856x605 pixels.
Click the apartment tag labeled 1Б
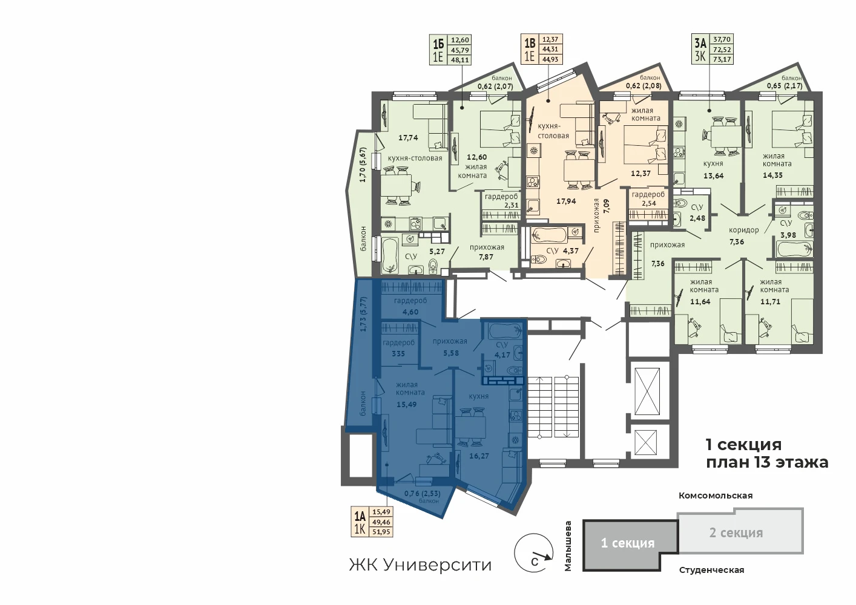(x=450, y=50)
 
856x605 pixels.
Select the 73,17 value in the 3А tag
(x=722, y=59)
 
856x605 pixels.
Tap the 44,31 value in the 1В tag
(x=550, y=49)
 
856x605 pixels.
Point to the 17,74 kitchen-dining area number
(x=408, y=138)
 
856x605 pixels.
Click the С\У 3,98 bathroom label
(x=788, y=229)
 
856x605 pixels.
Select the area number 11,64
(x=700, y=301)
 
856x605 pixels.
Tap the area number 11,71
(x=771, y=301)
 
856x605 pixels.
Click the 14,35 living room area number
(x=772, y=175)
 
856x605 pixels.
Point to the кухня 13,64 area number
(x=714, y=175)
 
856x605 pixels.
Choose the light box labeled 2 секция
(x=740, y=531)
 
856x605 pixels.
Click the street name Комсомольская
(x=716, y=495)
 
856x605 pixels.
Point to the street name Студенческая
(x=711, y=571)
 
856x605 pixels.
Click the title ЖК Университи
(x=420, y=564)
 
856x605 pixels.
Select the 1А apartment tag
(x=372, y=522)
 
